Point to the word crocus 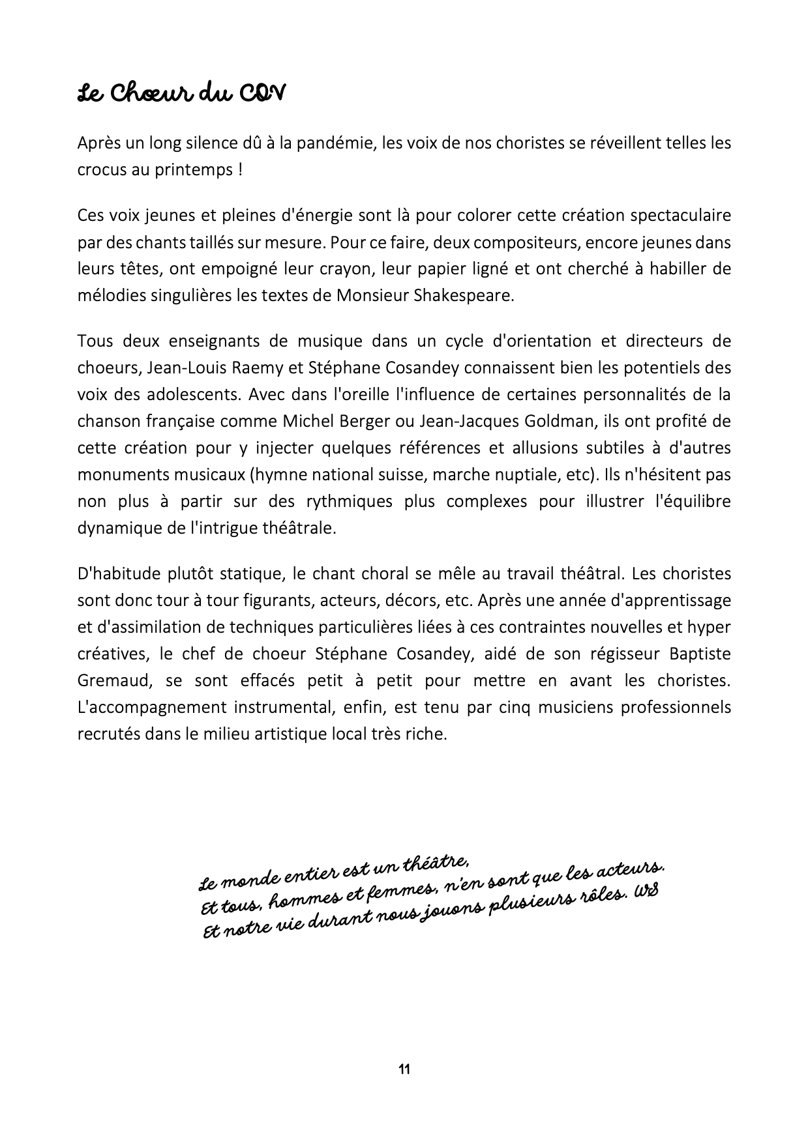click(x=98, y=169)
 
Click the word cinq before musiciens click(x=516, y=707)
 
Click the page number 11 click(x=404, y=1069)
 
